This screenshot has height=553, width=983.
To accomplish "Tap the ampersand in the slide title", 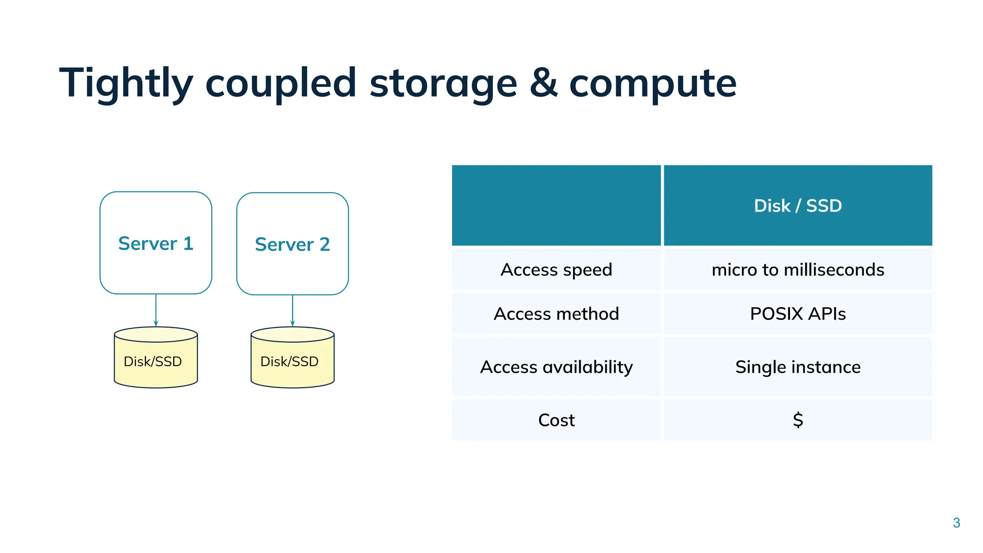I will point(543,83).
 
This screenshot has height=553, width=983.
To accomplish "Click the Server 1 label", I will point(156,244).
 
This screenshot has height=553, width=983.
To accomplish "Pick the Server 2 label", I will point(292,245).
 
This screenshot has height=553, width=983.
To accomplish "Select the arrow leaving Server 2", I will point(292,311).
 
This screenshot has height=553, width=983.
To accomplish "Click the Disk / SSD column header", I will point(798,206).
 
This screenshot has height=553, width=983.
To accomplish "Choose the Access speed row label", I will point(556,270).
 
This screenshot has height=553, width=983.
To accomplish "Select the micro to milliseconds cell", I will point(798,270).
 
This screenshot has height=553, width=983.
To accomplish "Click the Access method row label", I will point(556,314).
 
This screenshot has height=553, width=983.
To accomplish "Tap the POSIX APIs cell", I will point(798,314).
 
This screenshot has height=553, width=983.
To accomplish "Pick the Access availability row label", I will point(556,367).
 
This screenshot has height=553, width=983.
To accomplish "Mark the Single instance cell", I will point(798,367).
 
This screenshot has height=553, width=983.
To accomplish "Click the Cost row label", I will point(556,421).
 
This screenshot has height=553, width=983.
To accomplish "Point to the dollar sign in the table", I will point(798,420).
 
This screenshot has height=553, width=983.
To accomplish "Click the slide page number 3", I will point(956,523).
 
